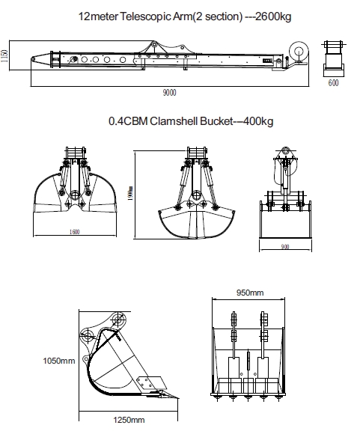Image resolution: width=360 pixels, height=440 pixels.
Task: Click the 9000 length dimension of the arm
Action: tap(169, 92)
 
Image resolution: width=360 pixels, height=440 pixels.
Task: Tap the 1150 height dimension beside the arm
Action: tap(4, 56)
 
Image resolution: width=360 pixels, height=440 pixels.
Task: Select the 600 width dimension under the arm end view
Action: tap(333, 83)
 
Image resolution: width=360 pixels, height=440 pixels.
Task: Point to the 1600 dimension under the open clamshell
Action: tap(75, 232)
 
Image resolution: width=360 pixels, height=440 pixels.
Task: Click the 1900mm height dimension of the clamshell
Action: tap(130, 193)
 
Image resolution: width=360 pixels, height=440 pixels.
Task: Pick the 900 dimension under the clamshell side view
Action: tap(285, 247)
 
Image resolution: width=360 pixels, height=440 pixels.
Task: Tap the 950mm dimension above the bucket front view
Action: tap(250, 293)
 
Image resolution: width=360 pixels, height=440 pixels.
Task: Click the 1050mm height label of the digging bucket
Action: tap(59, 361)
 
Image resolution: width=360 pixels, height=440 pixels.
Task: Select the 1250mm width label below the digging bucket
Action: tap(129, 420)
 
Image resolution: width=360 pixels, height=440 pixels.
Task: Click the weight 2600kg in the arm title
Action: tap(273, 16)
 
